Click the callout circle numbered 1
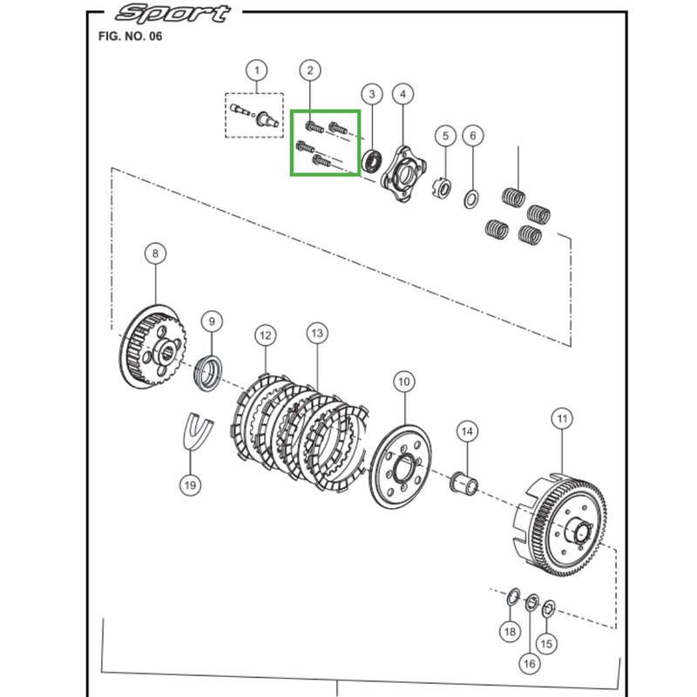pos(256,71)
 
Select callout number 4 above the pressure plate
pos(403,94)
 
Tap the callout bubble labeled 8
pos(155,254)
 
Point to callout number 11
pos(562,419)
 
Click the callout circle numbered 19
pos(190,485)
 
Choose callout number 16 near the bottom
pos(530,664)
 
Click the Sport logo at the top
pos(173,13)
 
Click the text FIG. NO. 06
pos(130,36)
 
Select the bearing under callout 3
pos(372,161)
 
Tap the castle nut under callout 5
pos(443,187)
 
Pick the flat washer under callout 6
pos(471,199)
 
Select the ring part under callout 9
pos(207,374)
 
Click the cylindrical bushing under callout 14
pos(464,483)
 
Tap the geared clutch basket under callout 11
pos(560,527)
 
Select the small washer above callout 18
pos(513,597)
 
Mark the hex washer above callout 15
pos(549,608)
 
